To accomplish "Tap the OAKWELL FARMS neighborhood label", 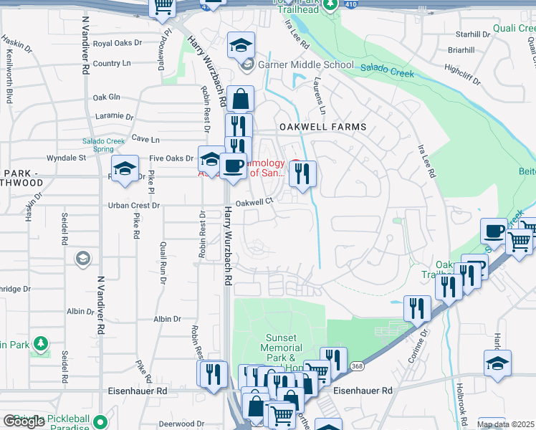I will [x=322, y=127].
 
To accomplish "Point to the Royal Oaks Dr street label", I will [x=118, y=43].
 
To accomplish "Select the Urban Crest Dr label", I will [x=134, y=205].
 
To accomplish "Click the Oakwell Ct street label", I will [x=255, y=202].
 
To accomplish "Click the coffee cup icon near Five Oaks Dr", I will [x=233, y=166].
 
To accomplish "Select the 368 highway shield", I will [x=356, y=366].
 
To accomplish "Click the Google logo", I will [x=24, y=421].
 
